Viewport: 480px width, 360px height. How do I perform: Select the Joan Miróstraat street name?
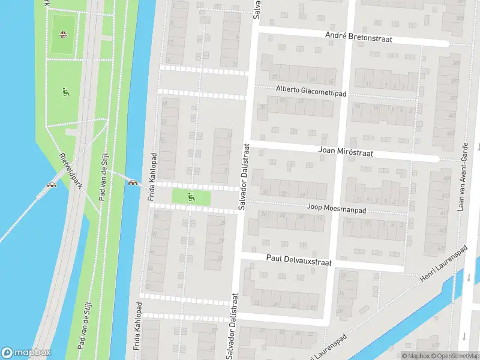tap(346, 153)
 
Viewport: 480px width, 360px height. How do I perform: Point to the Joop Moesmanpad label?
tap(336, 208)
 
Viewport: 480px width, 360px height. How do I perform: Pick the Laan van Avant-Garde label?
tap(464, 176)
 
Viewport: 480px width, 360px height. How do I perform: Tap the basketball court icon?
tap(62, 33)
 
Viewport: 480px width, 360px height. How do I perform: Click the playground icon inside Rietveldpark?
tap(65, 92)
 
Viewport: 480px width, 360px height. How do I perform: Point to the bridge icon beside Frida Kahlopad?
tap(132, 182)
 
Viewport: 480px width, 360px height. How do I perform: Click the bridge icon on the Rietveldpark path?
tap(52, 185)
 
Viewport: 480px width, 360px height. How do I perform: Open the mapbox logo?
tap(26, 353)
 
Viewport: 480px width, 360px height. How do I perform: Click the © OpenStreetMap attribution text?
tap(456, 356)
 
